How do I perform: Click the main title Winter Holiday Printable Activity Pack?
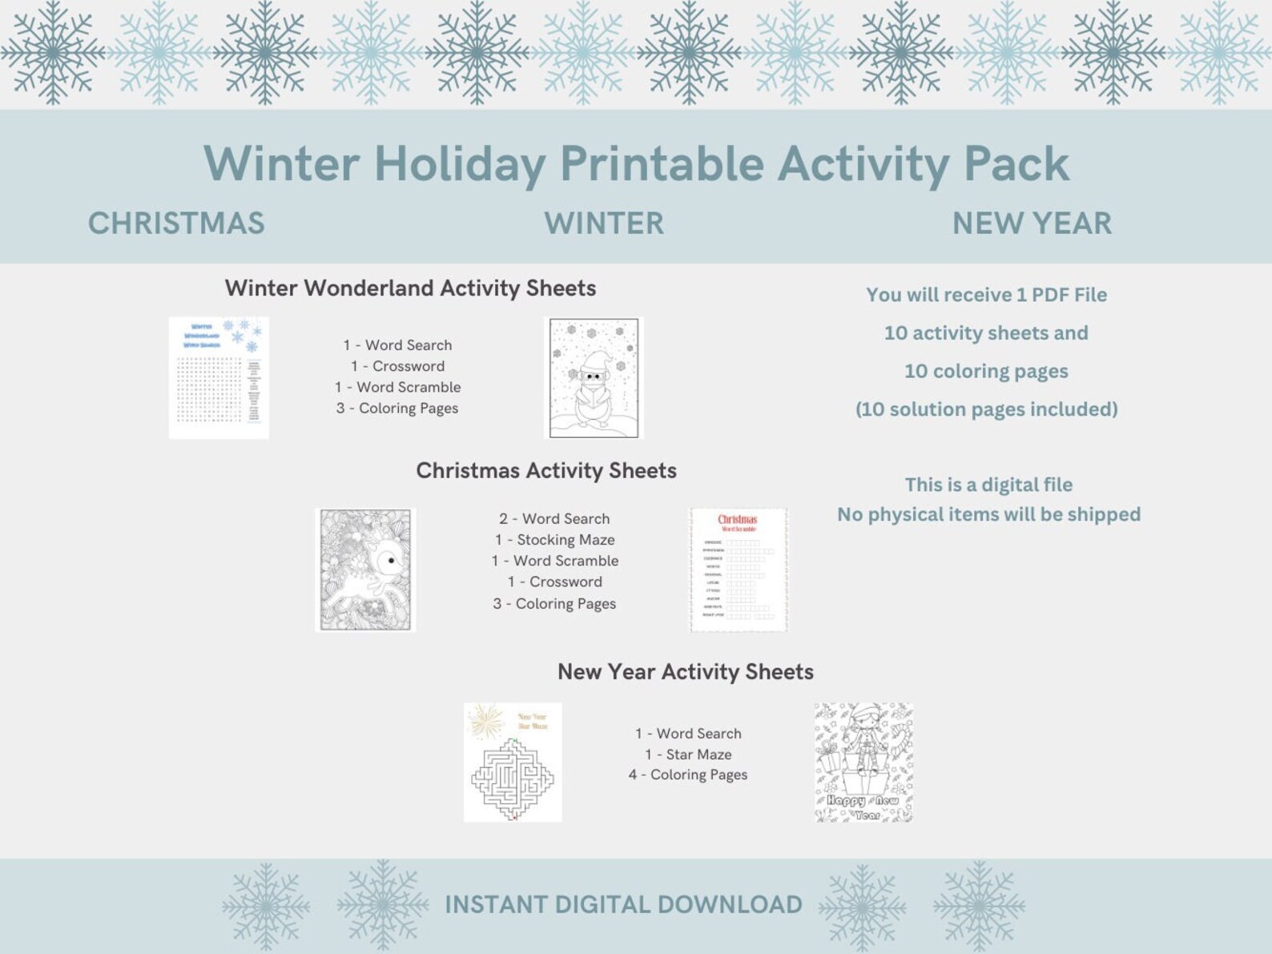[636, 163]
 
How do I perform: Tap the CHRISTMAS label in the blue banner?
[176, 223]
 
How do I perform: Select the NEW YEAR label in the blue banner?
[1032, 223]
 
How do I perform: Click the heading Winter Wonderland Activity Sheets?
[410, 288]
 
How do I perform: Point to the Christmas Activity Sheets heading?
[546, 470]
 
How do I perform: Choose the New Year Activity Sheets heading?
[686, 671]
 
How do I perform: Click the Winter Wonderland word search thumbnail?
[219, 378]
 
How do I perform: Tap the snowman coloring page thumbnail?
[594, 378]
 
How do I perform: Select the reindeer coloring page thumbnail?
[365, 570]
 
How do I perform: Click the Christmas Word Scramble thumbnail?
[739, 570]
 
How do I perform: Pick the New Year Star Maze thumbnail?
[513, 763]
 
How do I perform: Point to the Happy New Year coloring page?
[863, 763]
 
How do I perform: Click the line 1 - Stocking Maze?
[554, 540]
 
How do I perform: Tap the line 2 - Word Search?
[554, 519]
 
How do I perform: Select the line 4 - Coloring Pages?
[688, 775]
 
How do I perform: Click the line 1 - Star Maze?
[688, 755]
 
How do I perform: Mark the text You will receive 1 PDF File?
[986, 295]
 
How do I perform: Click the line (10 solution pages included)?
[986, 409]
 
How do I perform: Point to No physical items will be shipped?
[988, 514]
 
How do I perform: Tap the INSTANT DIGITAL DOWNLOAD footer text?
[623, 904]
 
